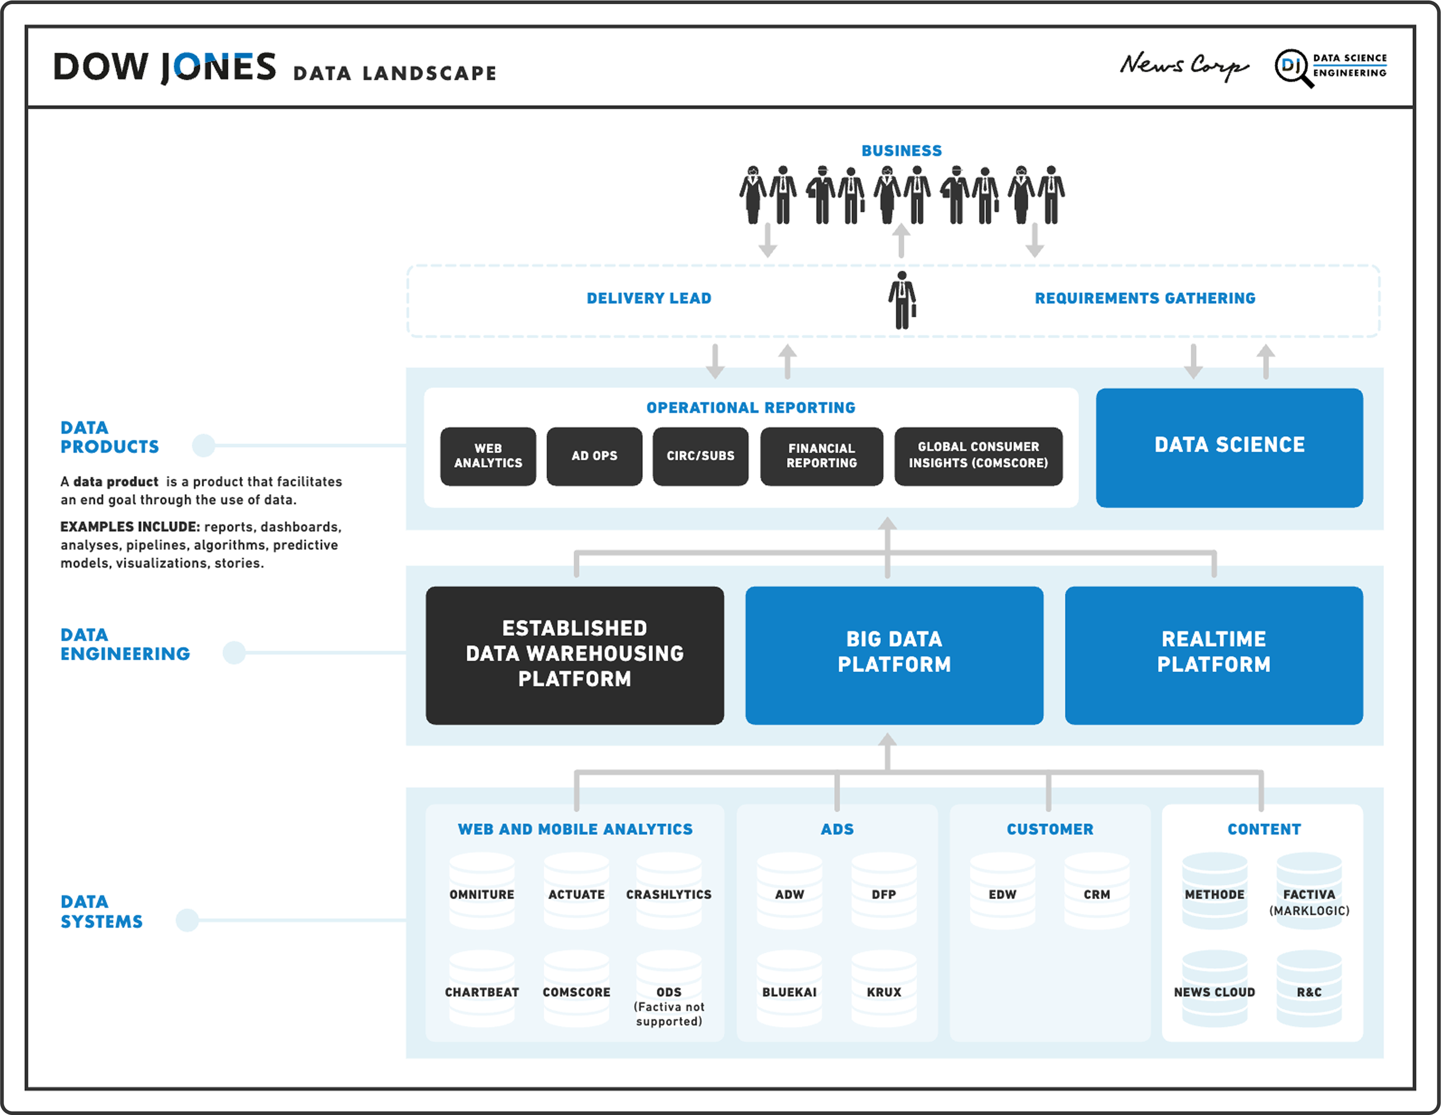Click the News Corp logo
pos(1184,66)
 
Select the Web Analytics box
pos(488,456)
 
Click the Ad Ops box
pos(594,456)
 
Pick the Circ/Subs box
pos(700,456)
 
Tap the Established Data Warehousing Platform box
pos(574,655)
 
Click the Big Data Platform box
pos(894,655)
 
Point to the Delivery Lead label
pos(649,298)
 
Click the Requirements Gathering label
pos(1145,298)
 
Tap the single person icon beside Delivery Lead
pos(902,300)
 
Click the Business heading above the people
pos(901,151)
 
